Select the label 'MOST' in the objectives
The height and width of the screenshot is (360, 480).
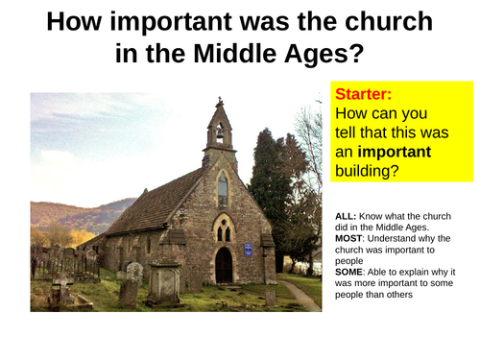[351, 236]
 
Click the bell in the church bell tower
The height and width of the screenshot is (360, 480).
[220, 133]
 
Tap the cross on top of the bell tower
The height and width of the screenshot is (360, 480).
[220, 100]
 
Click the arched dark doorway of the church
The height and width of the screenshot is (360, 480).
[224, 265]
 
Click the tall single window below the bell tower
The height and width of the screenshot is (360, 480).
[222, 189]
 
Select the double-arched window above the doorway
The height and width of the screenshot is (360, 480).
[223, 231]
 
